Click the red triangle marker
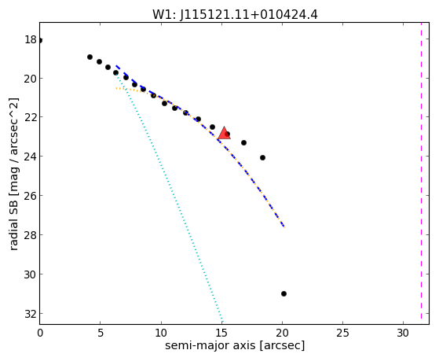(x=225, y=133)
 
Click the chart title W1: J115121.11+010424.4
(x=235, y=15)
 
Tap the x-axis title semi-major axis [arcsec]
(x=235, y=345)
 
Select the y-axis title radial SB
(x=13, y=174)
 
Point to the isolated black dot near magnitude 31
(x=284, y=293)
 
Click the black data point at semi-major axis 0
(x=40, y=40)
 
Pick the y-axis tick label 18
(x=31, y=39)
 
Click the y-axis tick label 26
(x=31, y=196)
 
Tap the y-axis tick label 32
(x=31, y=314)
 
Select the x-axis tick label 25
(x=342, y=333)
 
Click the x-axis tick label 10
(x=161, y=333)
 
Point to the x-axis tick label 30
(x=403, y=333)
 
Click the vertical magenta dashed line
(x=421, y=173)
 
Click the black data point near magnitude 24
(x=262, y=157)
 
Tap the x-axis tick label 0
(x=40, y=333)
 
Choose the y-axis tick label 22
(x=31, y=117)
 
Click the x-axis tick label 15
(x=221, y=333)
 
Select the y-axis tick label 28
(x=31, y=235)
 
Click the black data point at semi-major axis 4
(x=90, y=57)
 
